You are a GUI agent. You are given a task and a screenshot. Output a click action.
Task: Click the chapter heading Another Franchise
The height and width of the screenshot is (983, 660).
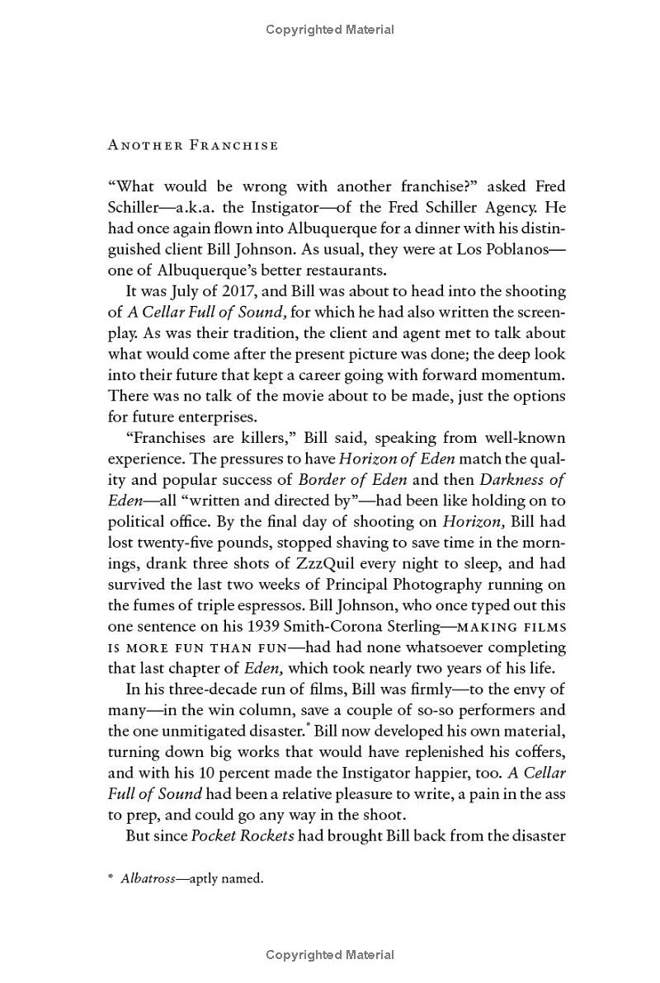point(193,146)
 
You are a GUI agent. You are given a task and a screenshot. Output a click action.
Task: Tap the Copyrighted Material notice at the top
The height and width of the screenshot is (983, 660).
point(330,30)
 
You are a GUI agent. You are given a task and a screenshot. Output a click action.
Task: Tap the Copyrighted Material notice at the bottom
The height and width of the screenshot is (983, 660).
point(330,955)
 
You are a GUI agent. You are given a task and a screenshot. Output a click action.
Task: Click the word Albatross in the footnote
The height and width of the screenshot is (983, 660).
point(148,879)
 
